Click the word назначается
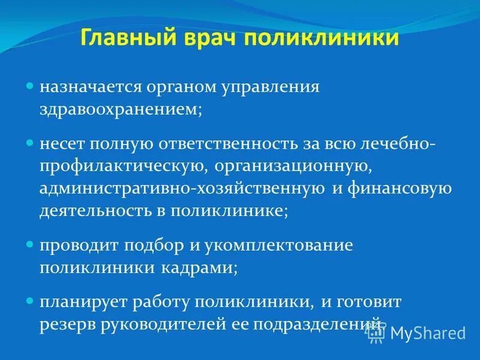[x=91, y=87]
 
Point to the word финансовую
[x=399, y=190]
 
